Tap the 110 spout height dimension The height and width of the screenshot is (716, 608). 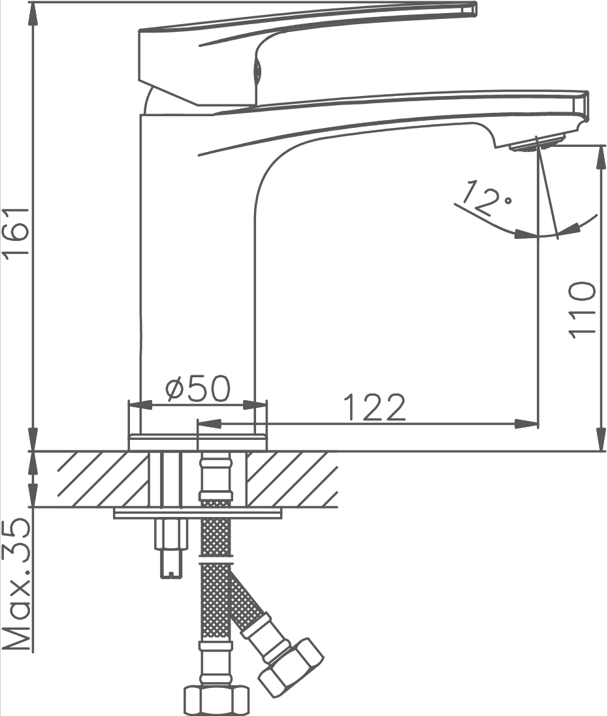tap(583, 311)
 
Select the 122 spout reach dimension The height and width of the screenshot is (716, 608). tap(374, 407)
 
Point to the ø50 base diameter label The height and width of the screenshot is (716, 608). tap(199, 388)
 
